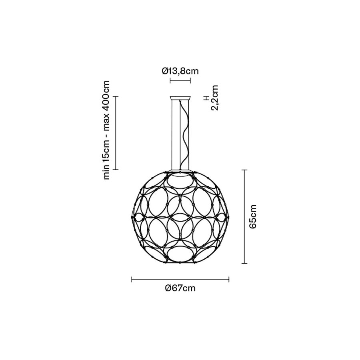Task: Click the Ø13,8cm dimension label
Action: (180, 71)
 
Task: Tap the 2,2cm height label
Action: (215, 98)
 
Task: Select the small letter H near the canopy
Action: (207, 98)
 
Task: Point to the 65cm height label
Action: (252, 216)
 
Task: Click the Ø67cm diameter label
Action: (180, 288)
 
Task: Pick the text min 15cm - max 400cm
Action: (106, 130)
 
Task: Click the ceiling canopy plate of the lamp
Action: (180, 98)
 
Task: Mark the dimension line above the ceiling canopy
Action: (180, 80)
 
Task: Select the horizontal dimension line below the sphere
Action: (180, 280)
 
